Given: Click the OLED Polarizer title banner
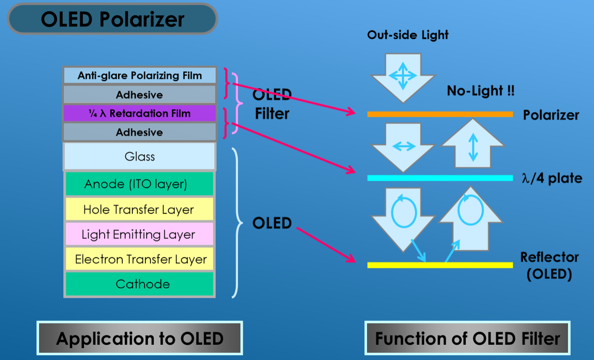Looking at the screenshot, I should point(112,19).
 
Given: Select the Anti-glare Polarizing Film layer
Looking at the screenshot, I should point(139,76).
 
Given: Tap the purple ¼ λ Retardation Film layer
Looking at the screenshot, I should point(139,114).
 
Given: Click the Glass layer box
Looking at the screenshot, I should point(139,156).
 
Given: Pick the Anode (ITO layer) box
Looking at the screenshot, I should point(139,184).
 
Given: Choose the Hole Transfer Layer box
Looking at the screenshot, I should point(139,210).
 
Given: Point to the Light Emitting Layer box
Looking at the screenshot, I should point(139,234).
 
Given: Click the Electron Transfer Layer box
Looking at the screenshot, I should point(139,259).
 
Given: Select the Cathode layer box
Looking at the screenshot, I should point(139,284).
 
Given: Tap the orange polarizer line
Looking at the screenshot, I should point(440,114).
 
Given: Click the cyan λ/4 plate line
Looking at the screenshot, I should point(440,178).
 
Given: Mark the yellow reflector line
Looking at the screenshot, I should point(440,265).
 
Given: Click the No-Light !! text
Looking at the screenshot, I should point(480,91).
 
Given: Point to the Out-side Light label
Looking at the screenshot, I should point(408,35).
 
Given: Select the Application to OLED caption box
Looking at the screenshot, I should point(140,338).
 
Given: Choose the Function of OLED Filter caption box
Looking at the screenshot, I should point(467,338).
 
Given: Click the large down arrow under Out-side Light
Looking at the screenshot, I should point(403,76).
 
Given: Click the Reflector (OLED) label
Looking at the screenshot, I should point(549,265).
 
